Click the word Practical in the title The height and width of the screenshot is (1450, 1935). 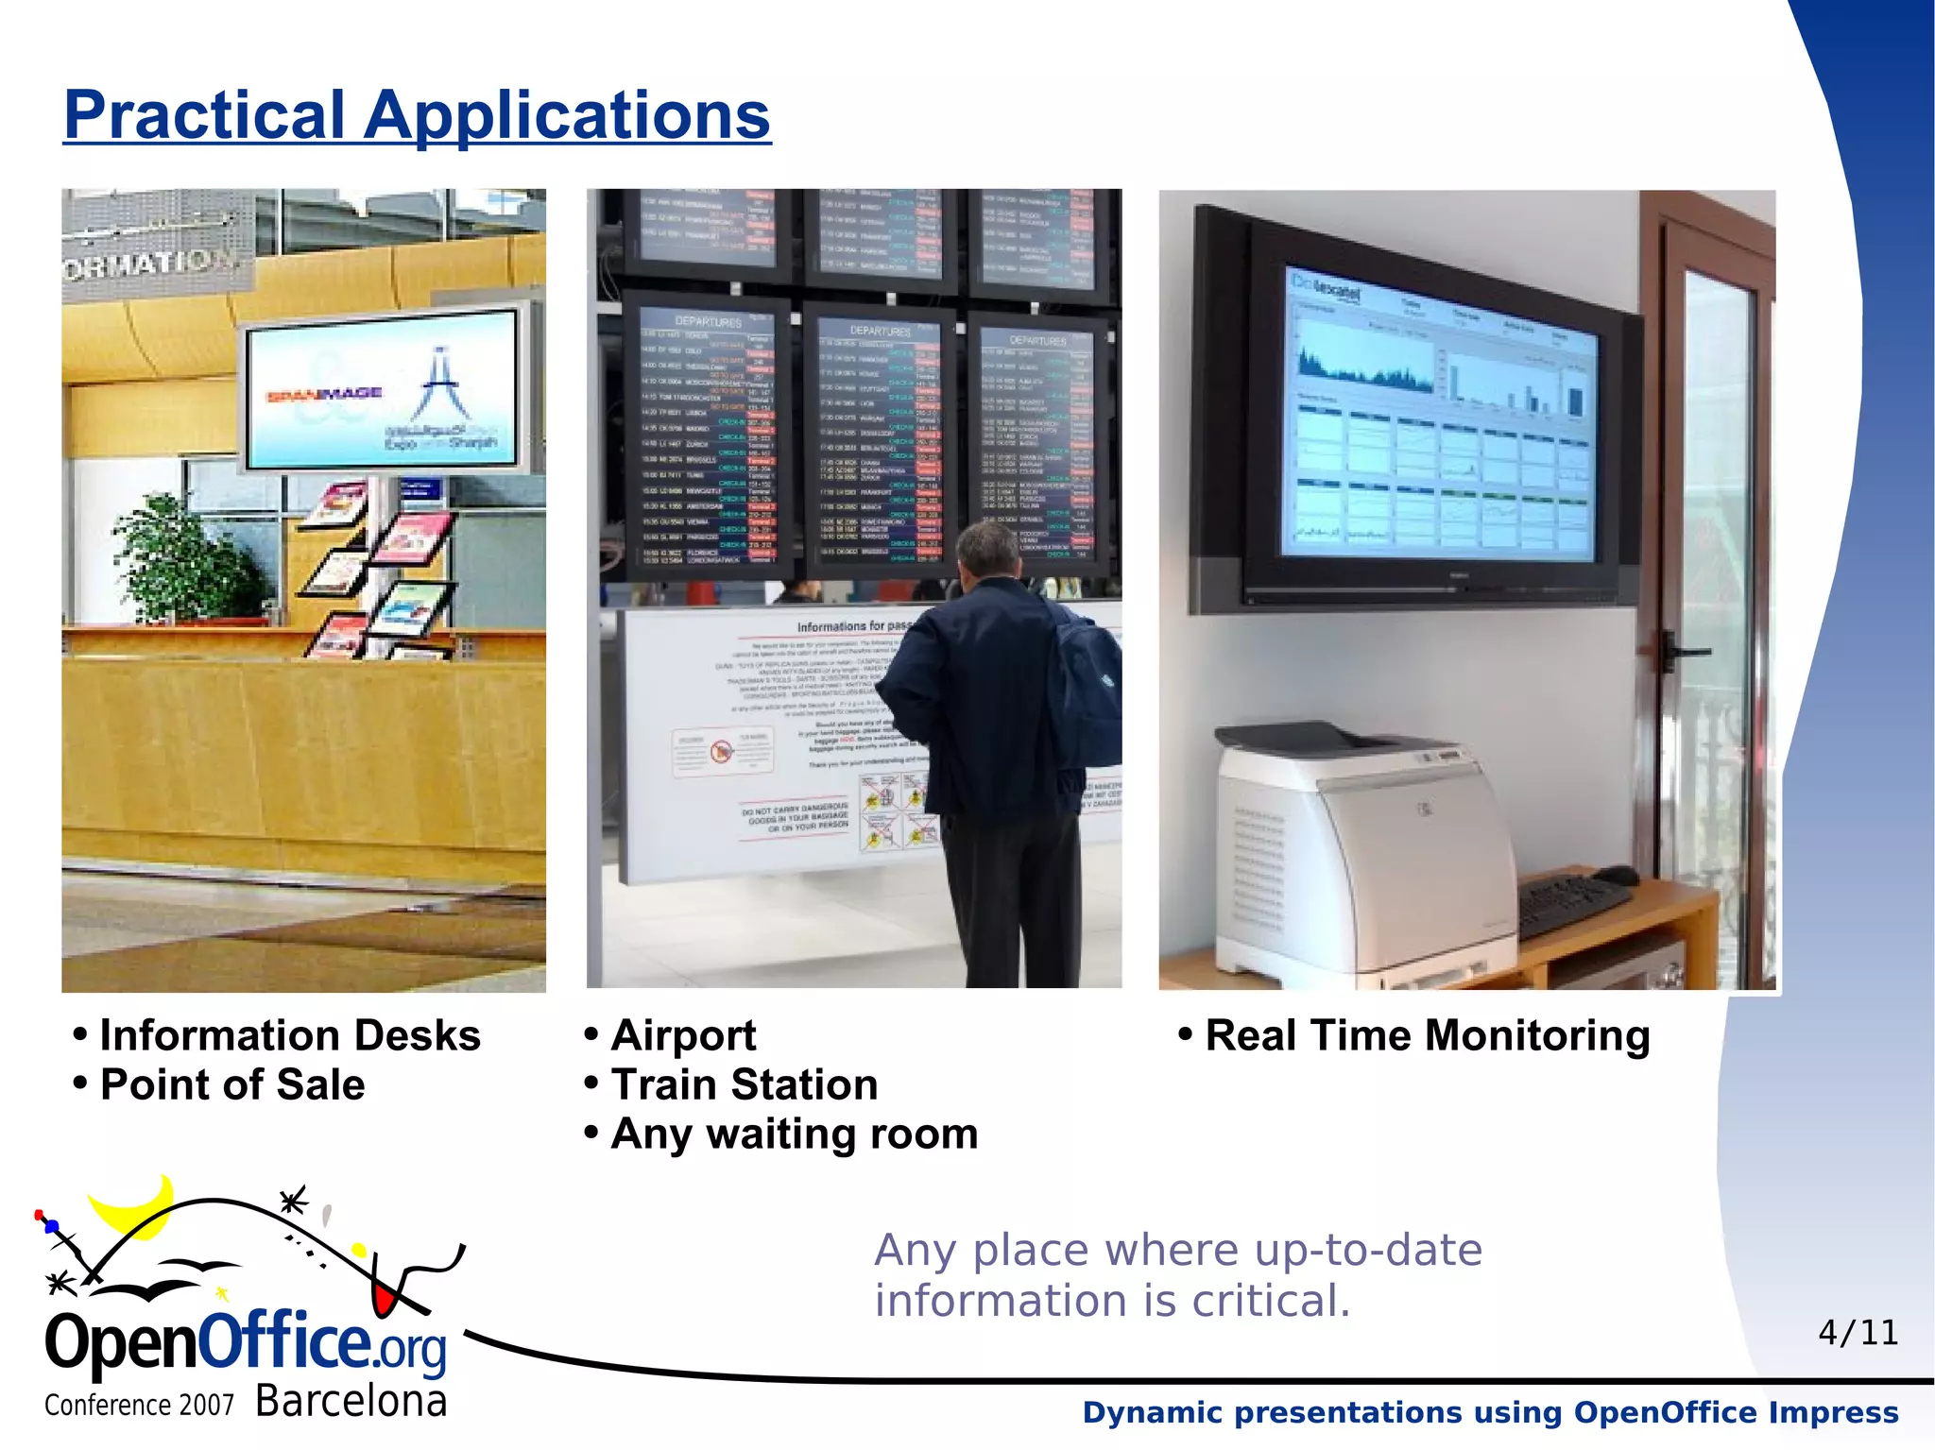[203, 115]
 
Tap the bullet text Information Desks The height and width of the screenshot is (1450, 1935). [289, 1035]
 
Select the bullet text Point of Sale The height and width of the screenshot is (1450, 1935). [231, 1084]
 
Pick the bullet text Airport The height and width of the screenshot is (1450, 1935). [682, 1035]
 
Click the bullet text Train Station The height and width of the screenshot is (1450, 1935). [744, 1084]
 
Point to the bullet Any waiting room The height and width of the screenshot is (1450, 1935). [794, 1134]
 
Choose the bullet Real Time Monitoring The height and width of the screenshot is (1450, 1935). [1427, 1035]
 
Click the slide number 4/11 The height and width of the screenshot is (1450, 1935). [1858, 1333]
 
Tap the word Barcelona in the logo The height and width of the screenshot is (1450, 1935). [351, 1401]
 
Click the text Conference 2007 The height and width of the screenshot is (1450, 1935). [139, 1406]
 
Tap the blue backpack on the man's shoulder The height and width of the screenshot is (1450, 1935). [1087, 680]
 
